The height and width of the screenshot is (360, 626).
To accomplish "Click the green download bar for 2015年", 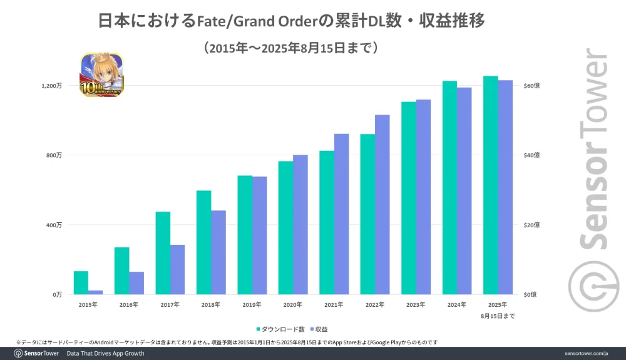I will (81, 282).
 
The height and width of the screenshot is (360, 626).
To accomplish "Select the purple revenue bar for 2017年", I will (177, 269).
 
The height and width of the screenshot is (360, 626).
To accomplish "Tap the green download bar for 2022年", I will (367, 214).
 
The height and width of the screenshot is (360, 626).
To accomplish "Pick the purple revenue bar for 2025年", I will (505, 187).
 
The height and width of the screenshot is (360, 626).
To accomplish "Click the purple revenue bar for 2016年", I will (136, 283).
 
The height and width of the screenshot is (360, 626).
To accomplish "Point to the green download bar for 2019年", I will (245, 235).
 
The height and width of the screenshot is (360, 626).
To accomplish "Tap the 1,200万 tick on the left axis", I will (52, 86).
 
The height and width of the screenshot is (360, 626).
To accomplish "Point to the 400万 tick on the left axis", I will (54, 225).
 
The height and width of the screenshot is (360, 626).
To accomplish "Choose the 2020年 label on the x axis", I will (292, 305).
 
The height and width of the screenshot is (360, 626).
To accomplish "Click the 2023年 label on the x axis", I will (416, 305).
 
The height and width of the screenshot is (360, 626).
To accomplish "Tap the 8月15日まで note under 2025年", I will (498, 316).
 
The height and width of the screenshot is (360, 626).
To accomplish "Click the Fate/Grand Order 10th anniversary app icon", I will (101, 75).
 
